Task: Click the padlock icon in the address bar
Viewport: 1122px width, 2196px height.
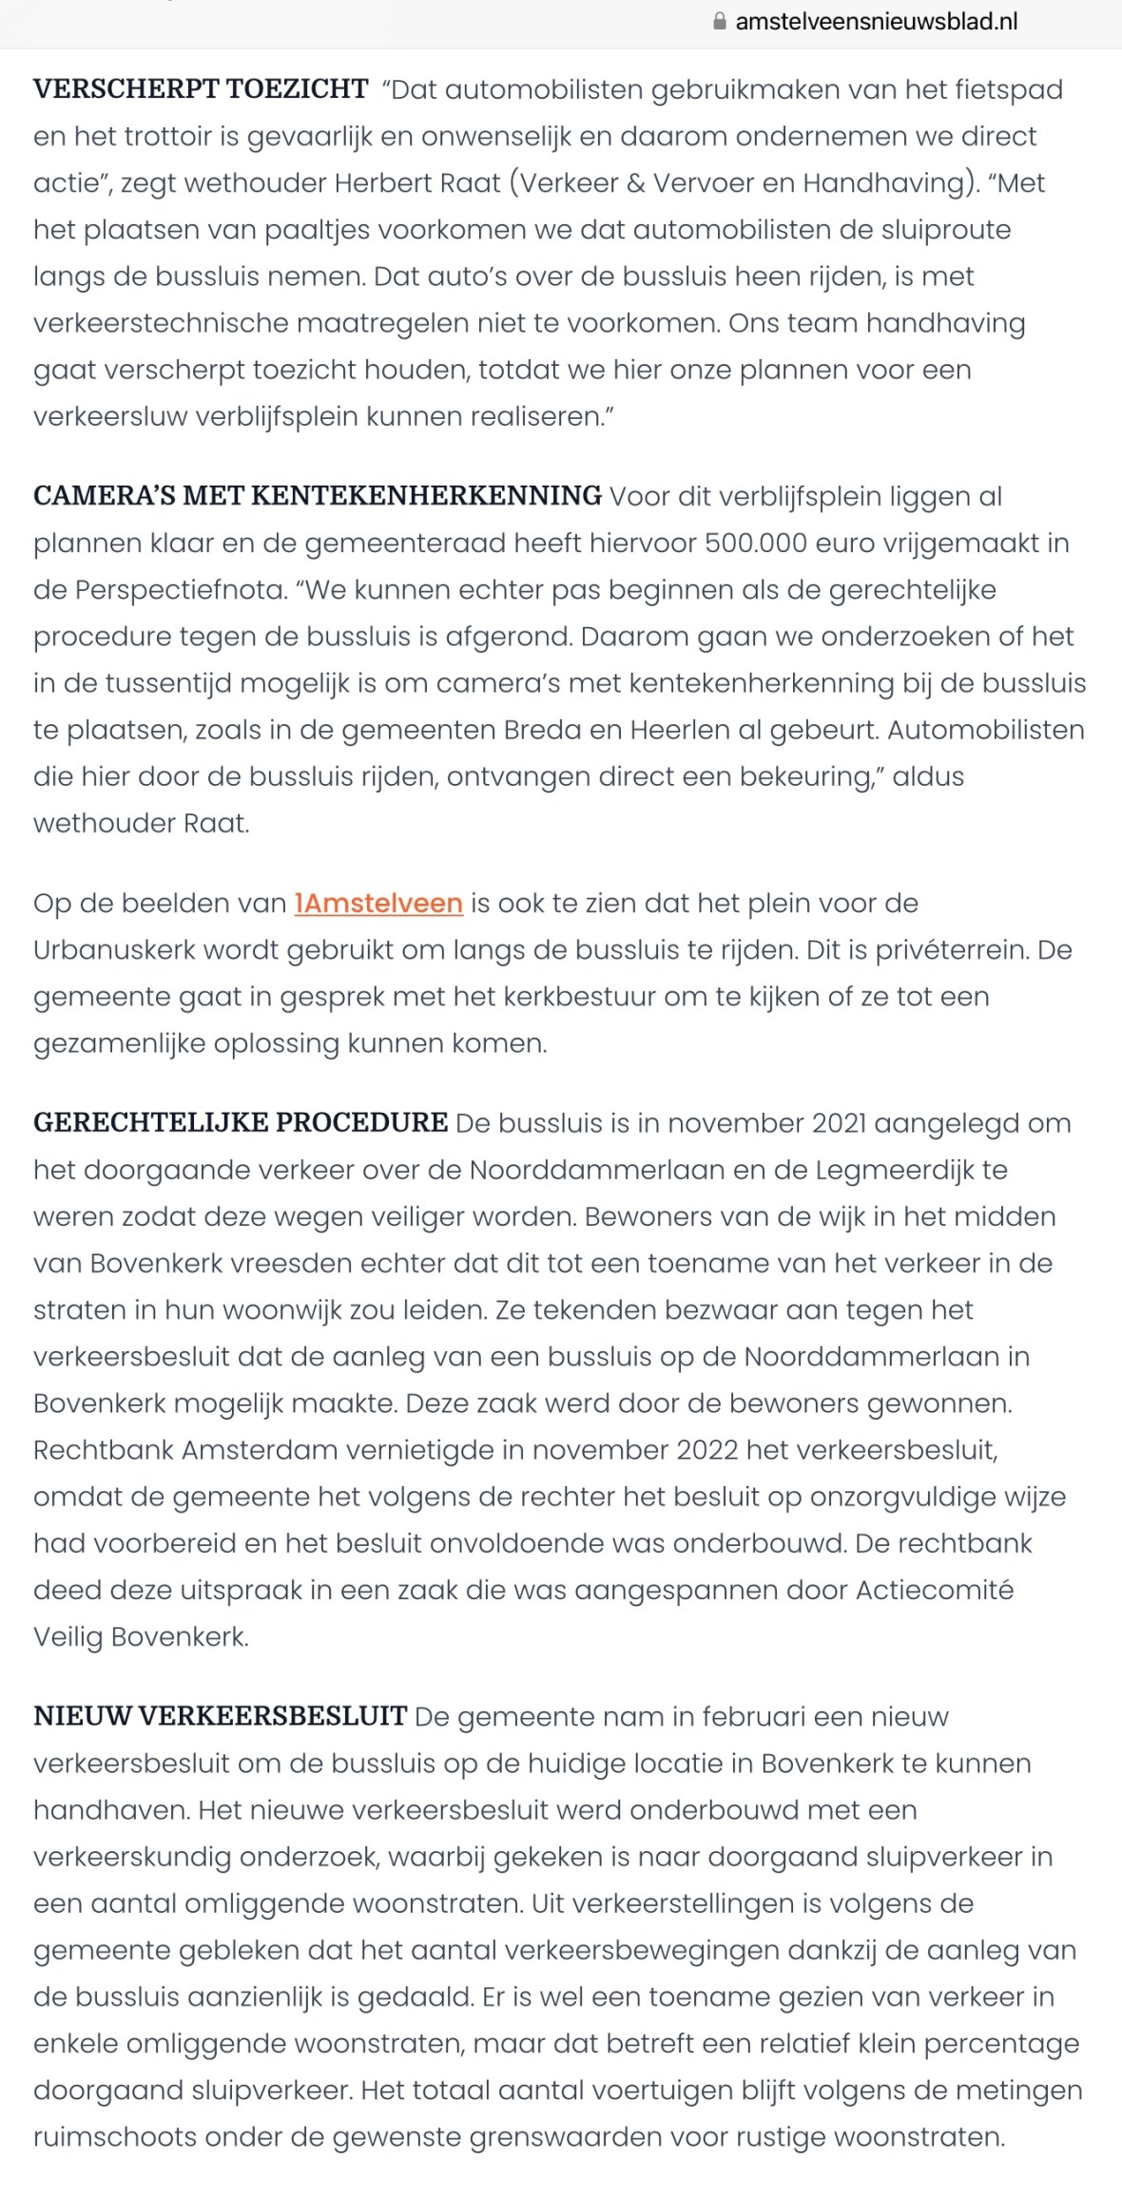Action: pyautogui.click(x=720, y=21)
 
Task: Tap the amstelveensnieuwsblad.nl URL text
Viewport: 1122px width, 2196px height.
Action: pyautogui.click(x=876, y=21)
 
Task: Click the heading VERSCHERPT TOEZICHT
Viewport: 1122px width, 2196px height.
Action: pyautogui.click(x=201, y=89)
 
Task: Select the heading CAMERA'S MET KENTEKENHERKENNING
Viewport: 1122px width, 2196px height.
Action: pyautogui.click(x=318, y=496)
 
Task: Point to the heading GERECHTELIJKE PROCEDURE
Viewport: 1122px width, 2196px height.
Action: pyautogui.click(x=241, y=1122)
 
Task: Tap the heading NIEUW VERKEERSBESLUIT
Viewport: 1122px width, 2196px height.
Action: pyautogui.click(x=221, y=1716)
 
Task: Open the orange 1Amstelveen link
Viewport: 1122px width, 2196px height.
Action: pyautogui.click(x=378, y=903)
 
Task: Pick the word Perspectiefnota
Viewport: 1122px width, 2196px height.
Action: pyautogui.click(x=180, y=589)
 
